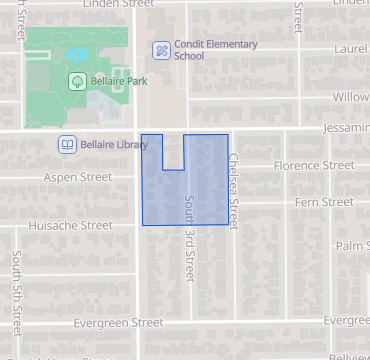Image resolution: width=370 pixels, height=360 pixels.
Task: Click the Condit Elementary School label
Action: (216, 50)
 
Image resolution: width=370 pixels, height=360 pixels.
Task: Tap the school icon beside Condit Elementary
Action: (160, 50)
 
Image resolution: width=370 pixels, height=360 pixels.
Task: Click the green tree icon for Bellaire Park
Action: (76, 81)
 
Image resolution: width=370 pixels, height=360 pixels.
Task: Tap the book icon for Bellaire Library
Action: (66, 145)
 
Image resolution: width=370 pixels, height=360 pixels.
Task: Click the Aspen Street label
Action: (77, 177)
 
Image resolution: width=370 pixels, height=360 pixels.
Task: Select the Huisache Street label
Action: (70, 226)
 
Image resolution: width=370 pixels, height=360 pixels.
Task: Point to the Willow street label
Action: (351, 98)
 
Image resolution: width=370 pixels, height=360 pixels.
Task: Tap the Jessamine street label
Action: (345, 130)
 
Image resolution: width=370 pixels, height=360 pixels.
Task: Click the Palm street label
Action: (353, 245)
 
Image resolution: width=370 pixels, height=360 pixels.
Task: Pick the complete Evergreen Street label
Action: (119, 323)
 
